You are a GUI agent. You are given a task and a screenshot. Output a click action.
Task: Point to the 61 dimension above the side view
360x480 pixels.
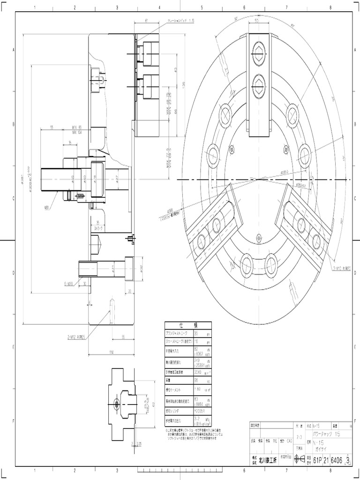(x=146, y=21)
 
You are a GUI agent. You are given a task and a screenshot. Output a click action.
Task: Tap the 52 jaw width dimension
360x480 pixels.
(x=257, y=21)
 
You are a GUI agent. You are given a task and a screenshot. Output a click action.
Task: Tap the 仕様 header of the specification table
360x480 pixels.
(x=187, y=325)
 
